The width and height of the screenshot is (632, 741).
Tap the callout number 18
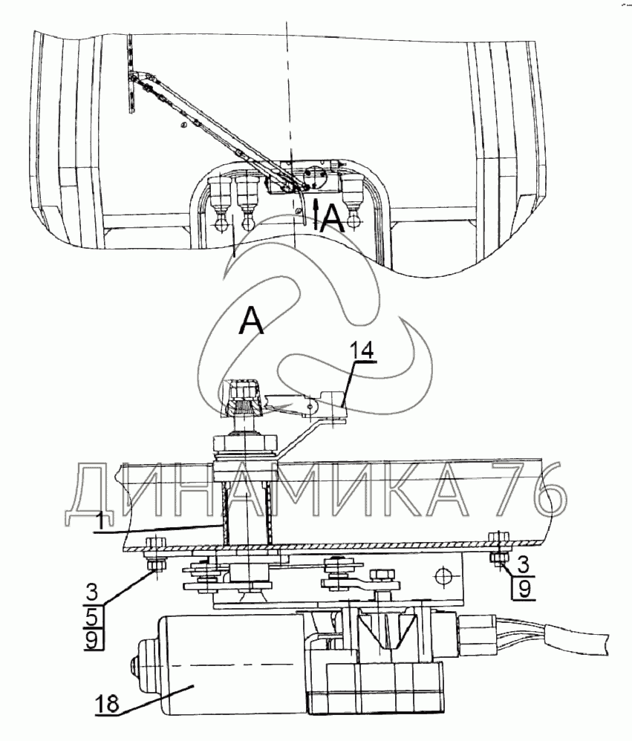tap(108, 704)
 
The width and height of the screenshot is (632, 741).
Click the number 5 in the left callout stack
tap(92, 616)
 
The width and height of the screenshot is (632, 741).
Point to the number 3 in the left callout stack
tap(92, 593)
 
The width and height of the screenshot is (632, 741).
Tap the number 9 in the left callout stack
tap(92, 639)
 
